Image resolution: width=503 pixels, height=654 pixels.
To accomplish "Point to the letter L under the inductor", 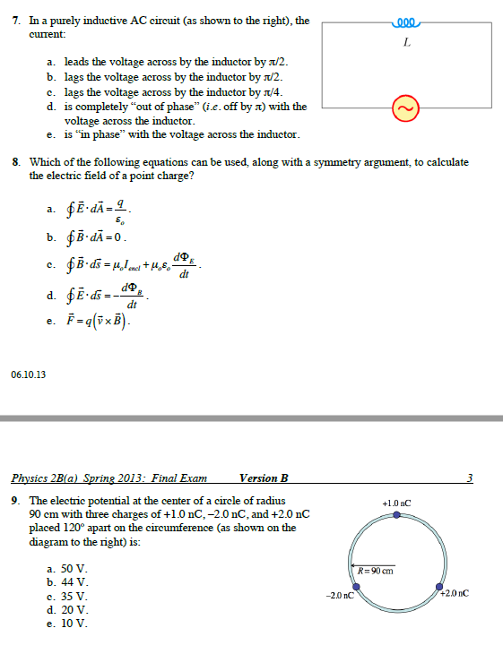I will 407,41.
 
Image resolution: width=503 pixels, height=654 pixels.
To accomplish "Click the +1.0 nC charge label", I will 396,503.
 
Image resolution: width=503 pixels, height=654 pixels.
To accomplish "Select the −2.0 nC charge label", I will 340,594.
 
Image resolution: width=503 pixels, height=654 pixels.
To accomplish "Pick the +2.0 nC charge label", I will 455,593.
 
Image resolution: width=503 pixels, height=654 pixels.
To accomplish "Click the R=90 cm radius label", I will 376,570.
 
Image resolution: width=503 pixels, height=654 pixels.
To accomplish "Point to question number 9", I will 16,500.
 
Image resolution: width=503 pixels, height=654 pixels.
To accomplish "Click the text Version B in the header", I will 264,478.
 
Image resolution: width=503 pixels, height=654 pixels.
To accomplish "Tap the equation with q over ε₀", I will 102,211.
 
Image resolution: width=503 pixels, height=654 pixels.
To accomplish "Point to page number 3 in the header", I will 470,478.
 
